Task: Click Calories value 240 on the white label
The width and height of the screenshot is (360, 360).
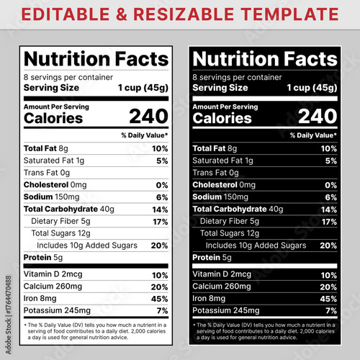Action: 149,117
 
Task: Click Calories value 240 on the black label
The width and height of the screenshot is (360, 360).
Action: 318,117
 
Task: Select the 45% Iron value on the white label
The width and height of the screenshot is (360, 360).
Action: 160,299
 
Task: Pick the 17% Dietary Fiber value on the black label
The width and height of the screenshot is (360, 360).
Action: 329,221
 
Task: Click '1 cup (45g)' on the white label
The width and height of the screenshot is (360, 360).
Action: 143,87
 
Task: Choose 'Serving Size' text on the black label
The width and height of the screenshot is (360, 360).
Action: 220,87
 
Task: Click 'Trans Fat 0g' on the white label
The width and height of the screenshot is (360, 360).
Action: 47,173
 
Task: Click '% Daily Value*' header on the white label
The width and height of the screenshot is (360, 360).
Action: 144,135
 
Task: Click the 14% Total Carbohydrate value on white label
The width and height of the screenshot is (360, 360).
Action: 160,209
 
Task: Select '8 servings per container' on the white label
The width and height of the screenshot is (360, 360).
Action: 68,76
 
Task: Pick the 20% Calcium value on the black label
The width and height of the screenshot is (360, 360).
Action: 329,287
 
